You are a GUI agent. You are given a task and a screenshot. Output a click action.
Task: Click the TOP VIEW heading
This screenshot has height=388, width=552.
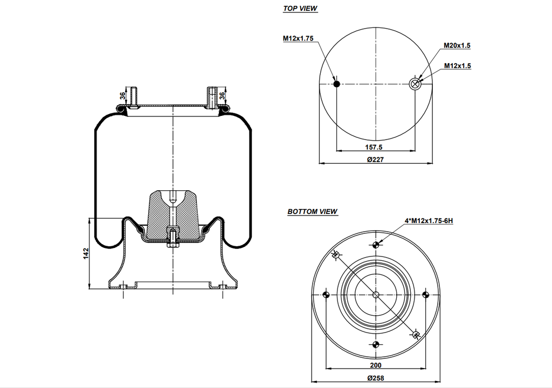tap(300, 9)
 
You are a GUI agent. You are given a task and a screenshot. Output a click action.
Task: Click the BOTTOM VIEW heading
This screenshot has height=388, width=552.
tap(312, 212)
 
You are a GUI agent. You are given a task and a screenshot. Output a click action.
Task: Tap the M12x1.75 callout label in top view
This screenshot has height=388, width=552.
tap(298, 38)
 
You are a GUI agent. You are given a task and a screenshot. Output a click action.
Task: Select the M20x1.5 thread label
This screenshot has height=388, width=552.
tap(457, 46)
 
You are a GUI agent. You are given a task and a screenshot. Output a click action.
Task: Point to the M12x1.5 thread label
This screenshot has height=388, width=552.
tap(457, 66)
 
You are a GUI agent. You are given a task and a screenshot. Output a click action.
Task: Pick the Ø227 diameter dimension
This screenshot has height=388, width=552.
tap(376, 160)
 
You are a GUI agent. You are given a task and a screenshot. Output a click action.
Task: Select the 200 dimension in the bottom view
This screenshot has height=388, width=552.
tap(376, 365)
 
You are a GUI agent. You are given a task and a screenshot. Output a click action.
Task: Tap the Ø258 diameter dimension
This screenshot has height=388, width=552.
tap(376, 378)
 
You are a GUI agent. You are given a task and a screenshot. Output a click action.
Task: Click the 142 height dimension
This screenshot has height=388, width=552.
tap(86, 254)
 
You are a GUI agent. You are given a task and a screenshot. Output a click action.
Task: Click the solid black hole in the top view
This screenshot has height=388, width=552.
tap(336, 84)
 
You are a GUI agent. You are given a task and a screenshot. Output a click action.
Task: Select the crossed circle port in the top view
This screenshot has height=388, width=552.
tap(415, 84)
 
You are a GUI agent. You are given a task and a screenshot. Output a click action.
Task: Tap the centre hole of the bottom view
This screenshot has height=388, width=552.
tap(376, 294)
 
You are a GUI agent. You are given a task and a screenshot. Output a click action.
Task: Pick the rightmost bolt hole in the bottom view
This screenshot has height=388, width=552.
tap(425, 294)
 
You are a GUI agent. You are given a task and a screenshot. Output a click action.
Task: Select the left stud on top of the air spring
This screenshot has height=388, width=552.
tap(133, 96)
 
